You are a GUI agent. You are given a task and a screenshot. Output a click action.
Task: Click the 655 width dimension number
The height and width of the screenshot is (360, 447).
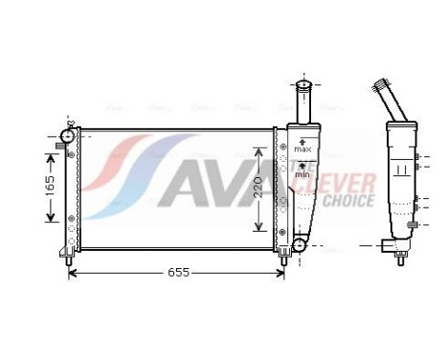coord(176,273)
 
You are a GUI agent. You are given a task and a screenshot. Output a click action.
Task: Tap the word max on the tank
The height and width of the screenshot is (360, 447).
coord(302,150)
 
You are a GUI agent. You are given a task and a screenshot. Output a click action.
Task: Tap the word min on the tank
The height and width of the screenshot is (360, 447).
coord(302,175)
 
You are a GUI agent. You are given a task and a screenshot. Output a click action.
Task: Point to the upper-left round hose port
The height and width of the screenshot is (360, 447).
coord(68,136)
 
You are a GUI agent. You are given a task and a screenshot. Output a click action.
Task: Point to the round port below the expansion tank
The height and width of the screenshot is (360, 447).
coord(299,246)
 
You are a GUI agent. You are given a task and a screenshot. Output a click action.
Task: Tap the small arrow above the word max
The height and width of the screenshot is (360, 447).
coord(302,142)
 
